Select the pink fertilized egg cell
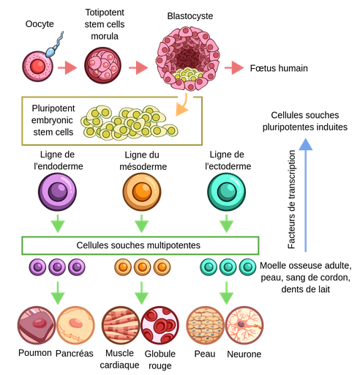[x=37, y=67]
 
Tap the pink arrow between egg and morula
[x=67, y=68]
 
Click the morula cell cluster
[x=102, y=66]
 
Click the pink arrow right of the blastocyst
[x=234, y=68]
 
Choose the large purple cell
[x=57, y=191]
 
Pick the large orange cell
[x=141, y=191]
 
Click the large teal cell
[x=226, y=191]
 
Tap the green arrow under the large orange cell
[x=141, y=223]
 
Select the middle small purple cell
[x=57, y=267]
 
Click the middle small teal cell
[x=228, y=267]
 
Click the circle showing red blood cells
[x=160, y=325]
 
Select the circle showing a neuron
[x=245, y=325]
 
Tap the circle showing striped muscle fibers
[x=120, y=325]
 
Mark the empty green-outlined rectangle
[x=140, y=245]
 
